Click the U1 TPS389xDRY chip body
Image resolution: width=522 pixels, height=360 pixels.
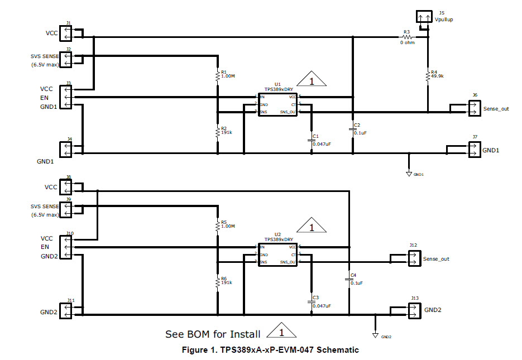click(x=277, y=104)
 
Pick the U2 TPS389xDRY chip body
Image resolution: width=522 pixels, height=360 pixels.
click(x=277, y=254)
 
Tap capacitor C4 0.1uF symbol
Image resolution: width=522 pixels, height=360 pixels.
click(x=349, y=279)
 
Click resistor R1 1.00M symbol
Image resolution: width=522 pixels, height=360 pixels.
click(x=218, y=76)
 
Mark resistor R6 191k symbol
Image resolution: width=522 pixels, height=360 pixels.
click(x=218, y=283)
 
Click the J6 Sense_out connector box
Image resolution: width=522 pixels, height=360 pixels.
click(x=474, y=108)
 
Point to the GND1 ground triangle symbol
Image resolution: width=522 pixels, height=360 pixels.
click(x=409, y=174)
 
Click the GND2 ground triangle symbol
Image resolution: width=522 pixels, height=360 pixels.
click(x=375, y=336)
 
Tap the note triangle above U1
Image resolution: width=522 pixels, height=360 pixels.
click(x=312, y=80)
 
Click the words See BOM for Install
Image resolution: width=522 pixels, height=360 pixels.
click(x=213, y=334)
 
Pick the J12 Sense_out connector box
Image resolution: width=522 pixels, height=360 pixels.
click(x=414, y=258)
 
